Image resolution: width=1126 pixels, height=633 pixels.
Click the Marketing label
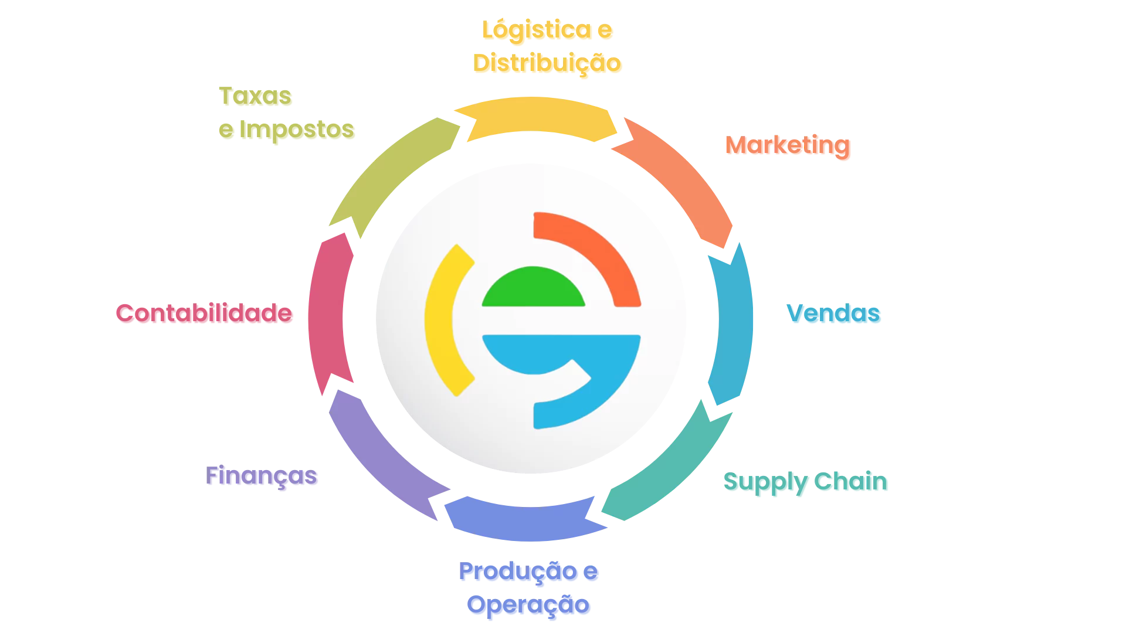[x=788, y=146]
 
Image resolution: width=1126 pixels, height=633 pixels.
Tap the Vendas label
[x=834, y=315]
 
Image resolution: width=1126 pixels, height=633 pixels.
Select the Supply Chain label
[x=806, y=482]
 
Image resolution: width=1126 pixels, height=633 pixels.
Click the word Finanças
[x=262, y=477]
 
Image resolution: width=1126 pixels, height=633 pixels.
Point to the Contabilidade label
[x=204, y=314]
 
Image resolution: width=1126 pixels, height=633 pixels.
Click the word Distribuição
[x=548, y=63]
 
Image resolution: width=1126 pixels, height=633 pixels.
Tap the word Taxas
[x=255, y=97]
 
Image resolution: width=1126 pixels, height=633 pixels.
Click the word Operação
[x=530, y=605]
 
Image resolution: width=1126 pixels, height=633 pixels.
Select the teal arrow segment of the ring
[x=669, y=469]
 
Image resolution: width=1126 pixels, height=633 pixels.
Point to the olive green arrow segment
[x=393, y=170]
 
